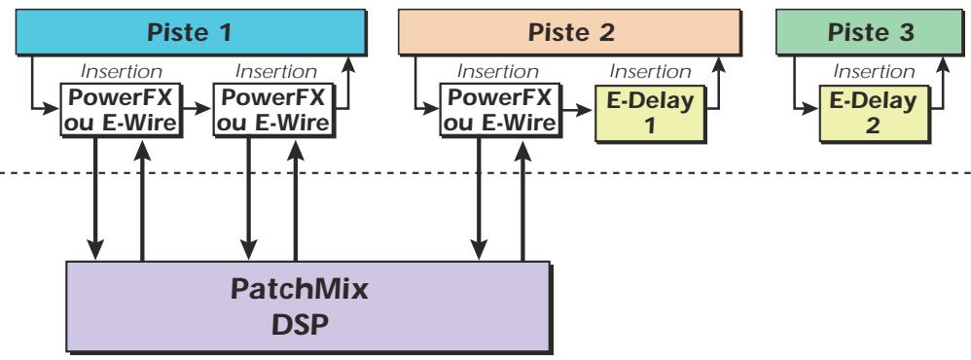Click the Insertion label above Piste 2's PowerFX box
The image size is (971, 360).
point(499,72)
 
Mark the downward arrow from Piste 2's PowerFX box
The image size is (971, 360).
point(478,199)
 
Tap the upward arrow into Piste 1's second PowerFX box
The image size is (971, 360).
point(295,199)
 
